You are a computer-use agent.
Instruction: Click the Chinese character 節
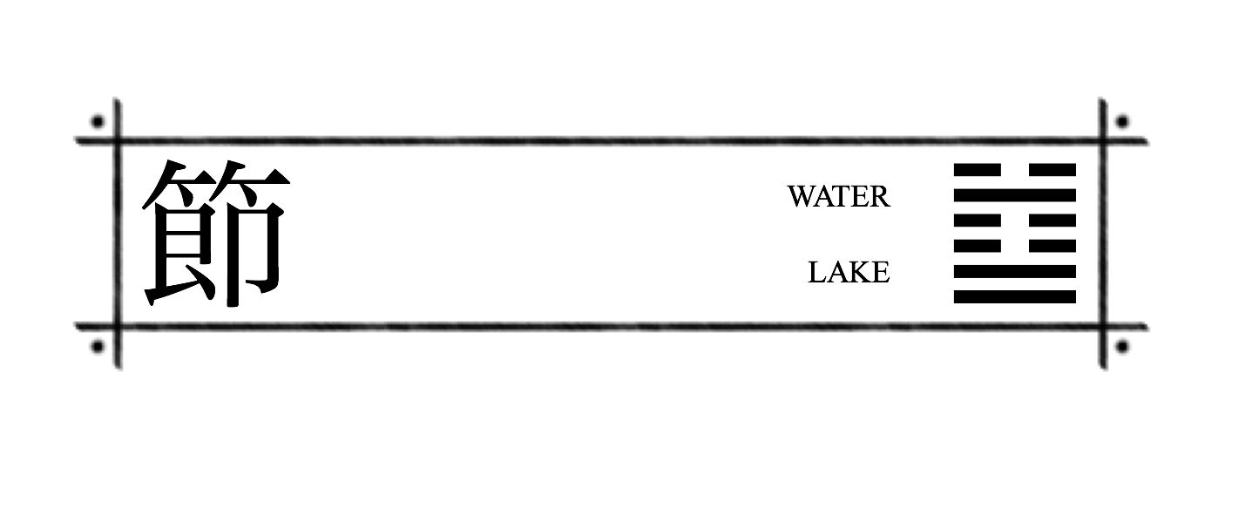pos(216,234)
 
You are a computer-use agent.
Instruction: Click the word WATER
pos(838,196)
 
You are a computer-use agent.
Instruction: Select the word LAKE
pos(849,273)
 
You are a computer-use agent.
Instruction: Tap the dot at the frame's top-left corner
pos(98,121)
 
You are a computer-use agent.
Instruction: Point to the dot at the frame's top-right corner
pos(1122,121)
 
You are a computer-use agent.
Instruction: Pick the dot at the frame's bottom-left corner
pos(98,347)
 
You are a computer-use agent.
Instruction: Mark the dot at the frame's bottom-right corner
pos(1122,347)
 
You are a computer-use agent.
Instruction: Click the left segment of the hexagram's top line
pos(977,170)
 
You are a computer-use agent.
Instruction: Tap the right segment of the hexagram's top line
pos(1052,170)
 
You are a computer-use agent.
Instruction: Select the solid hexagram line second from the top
pos(1014,195)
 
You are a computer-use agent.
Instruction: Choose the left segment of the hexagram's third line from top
pos(977,221)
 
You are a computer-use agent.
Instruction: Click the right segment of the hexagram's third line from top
pos(1052,221)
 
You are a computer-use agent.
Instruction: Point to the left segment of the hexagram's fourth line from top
pos(977,246)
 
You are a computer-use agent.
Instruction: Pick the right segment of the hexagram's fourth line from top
pos(1052,246)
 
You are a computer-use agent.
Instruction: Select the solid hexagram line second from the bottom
pos(1014,271)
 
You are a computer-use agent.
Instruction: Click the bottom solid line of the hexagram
pos(1014,296)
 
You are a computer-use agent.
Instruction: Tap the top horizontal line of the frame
pos(612,140)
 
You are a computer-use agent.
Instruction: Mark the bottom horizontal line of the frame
pos(612,327)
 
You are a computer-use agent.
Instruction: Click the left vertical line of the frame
pos(118,234)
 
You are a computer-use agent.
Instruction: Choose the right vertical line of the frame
pos(1103,234)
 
